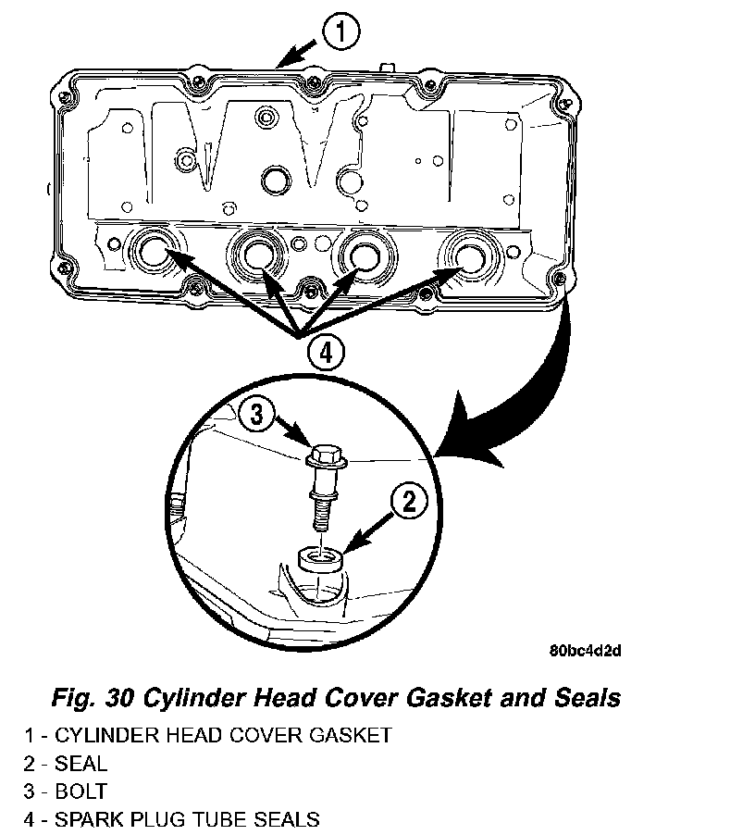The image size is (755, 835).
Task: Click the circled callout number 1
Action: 340,33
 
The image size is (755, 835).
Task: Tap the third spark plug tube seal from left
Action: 362,251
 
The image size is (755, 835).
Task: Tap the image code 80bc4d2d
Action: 584,651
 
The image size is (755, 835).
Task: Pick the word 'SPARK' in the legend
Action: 84,819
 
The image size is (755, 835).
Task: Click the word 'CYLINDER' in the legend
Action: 108,736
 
